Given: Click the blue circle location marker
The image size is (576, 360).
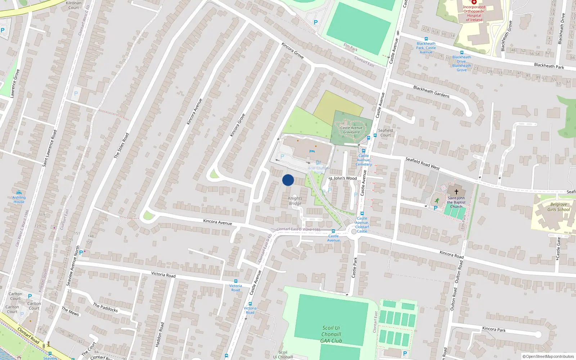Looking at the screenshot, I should coord(288,180).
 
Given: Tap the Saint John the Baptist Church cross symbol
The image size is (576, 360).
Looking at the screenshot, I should coord(456,192).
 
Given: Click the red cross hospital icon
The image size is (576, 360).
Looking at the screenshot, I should coord(474,2).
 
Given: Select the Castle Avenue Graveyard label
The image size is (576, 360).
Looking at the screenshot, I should coord(351,130).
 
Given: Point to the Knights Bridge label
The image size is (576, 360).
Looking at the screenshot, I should coord(295,201).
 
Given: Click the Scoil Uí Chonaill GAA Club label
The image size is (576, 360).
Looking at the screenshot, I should coord(331,334).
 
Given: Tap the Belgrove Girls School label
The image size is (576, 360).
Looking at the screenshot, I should coord(559,207).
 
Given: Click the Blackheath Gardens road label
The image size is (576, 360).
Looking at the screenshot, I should coord(431,91).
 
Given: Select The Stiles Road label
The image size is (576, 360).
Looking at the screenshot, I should coord(121,146).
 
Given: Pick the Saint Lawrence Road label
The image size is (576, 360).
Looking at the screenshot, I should coord(50,148).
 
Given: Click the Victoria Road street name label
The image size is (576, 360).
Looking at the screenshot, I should coord(163,275).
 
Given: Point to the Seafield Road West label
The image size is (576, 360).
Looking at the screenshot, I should coord(423,163).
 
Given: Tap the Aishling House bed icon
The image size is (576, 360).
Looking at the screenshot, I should coord(19,193).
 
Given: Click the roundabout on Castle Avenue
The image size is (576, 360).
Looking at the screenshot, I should coord(354,232).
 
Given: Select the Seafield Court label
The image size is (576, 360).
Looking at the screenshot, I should coord(385,133).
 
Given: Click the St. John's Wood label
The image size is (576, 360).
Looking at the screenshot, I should coord(343,178).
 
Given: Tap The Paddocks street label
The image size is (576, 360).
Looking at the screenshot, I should coord(105,307).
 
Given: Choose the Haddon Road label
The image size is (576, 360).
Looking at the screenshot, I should coord(159,335).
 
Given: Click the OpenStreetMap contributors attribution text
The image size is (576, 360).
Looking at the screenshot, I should coord(548,357).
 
